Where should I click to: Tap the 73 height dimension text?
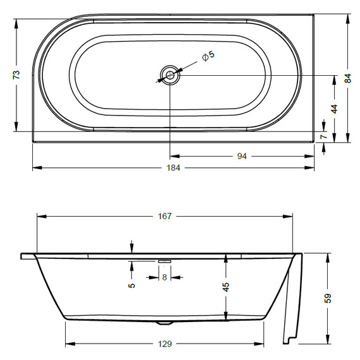point(17,75)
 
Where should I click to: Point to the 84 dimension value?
point(347,78)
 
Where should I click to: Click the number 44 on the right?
point(334,108)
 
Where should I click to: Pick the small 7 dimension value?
point(323,136)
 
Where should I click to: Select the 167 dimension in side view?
point(164,217)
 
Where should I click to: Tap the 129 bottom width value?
point(164,344)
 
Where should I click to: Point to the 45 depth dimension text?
point(225,286)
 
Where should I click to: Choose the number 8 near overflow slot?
point(165,277)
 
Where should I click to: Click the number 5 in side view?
point(131,284)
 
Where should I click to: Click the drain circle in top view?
point(170,75)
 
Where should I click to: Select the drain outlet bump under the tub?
point(165,321)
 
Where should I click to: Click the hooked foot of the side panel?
point(289,340)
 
